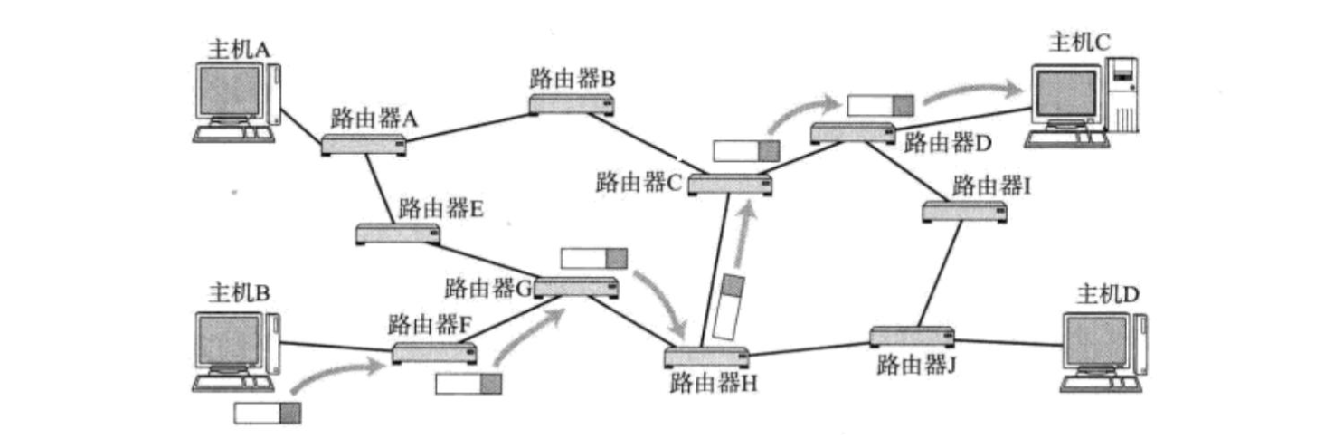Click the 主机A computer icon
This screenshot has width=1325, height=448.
[x=237, y=102]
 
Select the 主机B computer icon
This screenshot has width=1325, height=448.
[x=236, y=351]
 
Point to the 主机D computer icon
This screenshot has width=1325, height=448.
[x=1103, y=352]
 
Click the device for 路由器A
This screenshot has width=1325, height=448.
[x=364, y=145]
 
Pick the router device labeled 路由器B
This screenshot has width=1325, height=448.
[x=572, y=105]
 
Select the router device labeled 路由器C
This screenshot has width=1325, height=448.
[x=730, y=185]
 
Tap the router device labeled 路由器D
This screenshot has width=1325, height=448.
[x=853, y=133]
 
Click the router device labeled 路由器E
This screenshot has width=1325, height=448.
[x=398, y=234]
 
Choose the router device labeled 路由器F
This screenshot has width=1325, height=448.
[x=434, y=353]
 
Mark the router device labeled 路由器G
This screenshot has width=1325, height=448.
[x=576, y=288]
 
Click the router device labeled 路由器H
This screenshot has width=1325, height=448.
[x=706, y=357]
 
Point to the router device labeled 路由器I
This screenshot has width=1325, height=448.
[x=965, y=212]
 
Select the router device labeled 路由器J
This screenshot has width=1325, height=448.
[x=912, y=337]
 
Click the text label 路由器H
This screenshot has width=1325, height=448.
[x=714, y=384]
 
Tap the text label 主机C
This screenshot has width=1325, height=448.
[x=1080, y=42]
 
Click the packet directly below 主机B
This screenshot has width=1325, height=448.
[x=268, y=413]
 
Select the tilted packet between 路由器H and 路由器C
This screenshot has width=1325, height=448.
[x=728, y=307]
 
